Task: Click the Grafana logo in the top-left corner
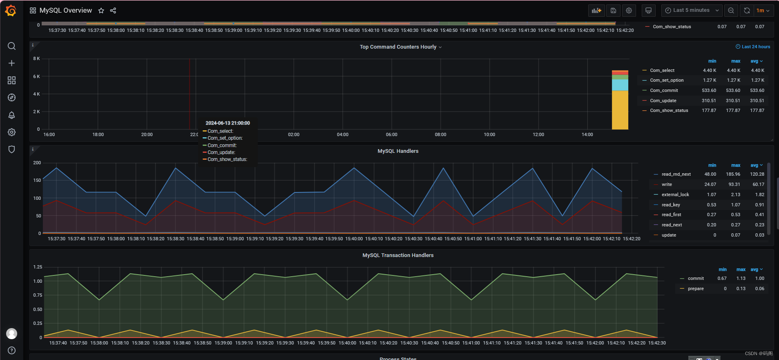tap(11, 11)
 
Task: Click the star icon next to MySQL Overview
tap(101, 11)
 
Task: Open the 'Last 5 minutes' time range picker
tap(692, 11)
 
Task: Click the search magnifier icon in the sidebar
tap(12, 46)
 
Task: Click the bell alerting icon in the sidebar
tap(12, 115)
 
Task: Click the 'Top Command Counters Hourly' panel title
tap(398, 47)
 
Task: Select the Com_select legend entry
tap(662, 70)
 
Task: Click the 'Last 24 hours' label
tap(756, 47)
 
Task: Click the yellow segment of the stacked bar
tap(620, 110)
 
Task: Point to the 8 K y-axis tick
tap(37, 59)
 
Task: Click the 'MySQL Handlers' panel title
tap(398, 151)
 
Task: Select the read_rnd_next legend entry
tap(676, 174)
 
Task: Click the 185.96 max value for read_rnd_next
tap(733, 174)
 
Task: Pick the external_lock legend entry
tap(675, 195)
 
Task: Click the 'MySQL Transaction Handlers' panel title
tap(398, 255)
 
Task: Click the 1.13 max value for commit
tap(741, 278)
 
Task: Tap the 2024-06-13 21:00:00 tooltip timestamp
tap(228, 123)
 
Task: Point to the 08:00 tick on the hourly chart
tap(440, 134)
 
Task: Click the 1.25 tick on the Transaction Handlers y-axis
tap(38, 267)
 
